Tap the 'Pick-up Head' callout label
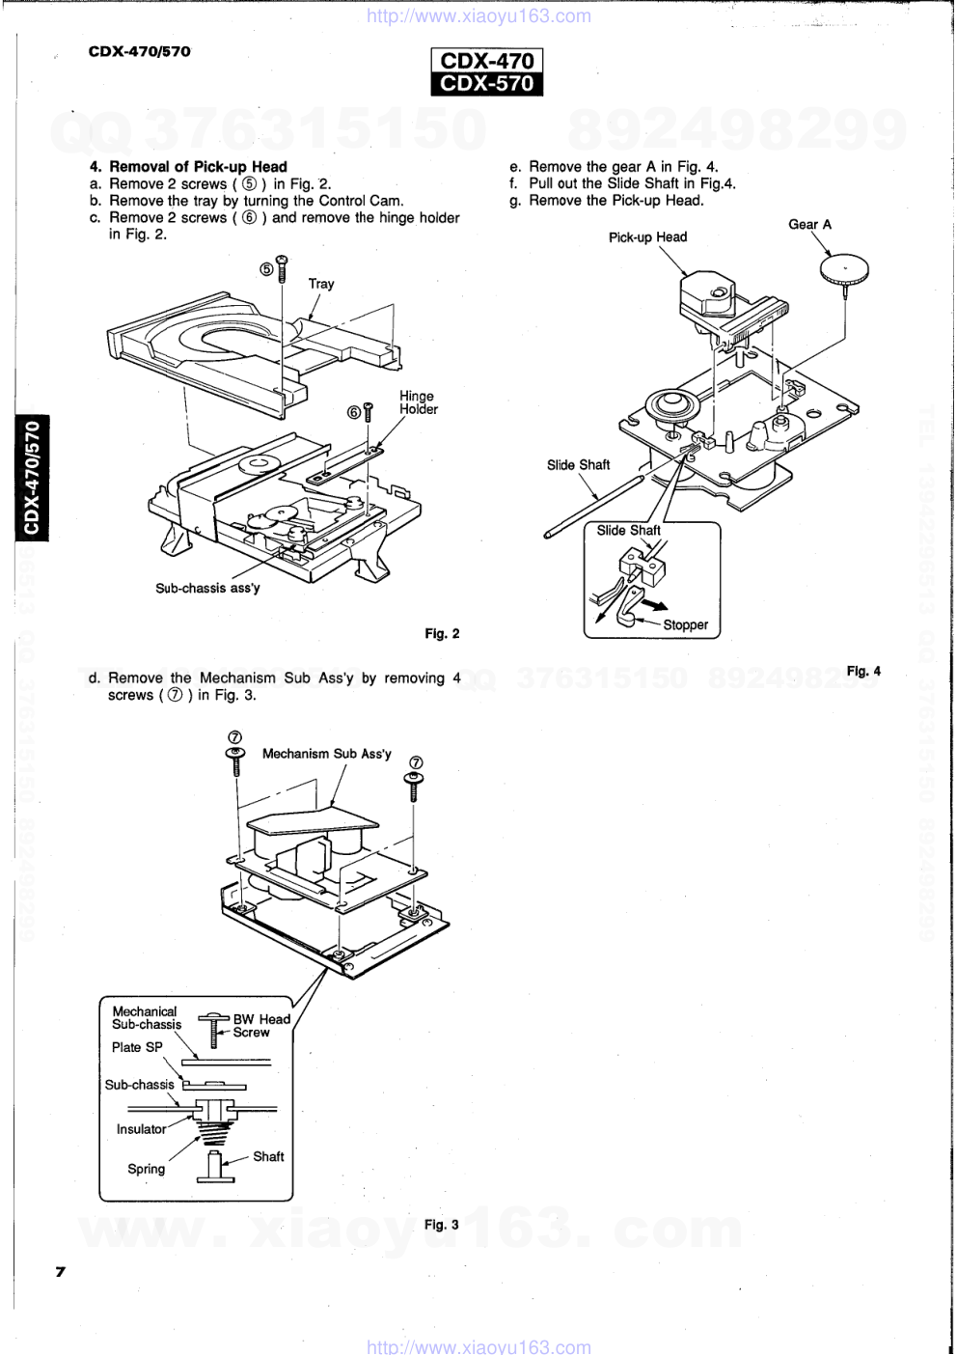pyautogui.click(x=647, y=237)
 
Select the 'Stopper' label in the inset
pyautogui.click(x=685, y=625)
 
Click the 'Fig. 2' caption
pyautogui.click(x=442, y=634)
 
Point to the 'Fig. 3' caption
pyautogui.click(x=441, y=1225)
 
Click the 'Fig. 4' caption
pyautogui.click(x=863, y=671)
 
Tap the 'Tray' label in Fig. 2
pyautogui.click(x=321, y=284)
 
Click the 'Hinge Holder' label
pyautogui.click(x=418, y=402)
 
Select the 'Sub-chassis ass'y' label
pyautogui.click(x=207, y=588)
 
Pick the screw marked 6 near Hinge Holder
pyautogui.click(x=368, y=413)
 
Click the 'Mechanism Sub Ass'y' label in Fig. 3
pyautogui.click(x=327, y=754)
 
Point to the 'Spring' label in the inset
pyautogui.click(x=146, y=1169)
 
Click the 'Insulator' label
pyautogui.click(x=141, y=1129)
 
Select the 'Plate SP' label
pyautogui.click(x=137, y=1047)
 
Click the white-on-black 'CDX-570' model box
pyautogui.click(x=487, y=84)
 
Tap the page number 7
pyautogui.click(x=60, y=1272)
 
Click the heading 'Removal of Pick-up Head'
pyautogui.click(x=198, y=167)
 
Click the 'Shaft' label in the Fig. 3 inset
pyautogui.click(x=268, y=1156)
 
